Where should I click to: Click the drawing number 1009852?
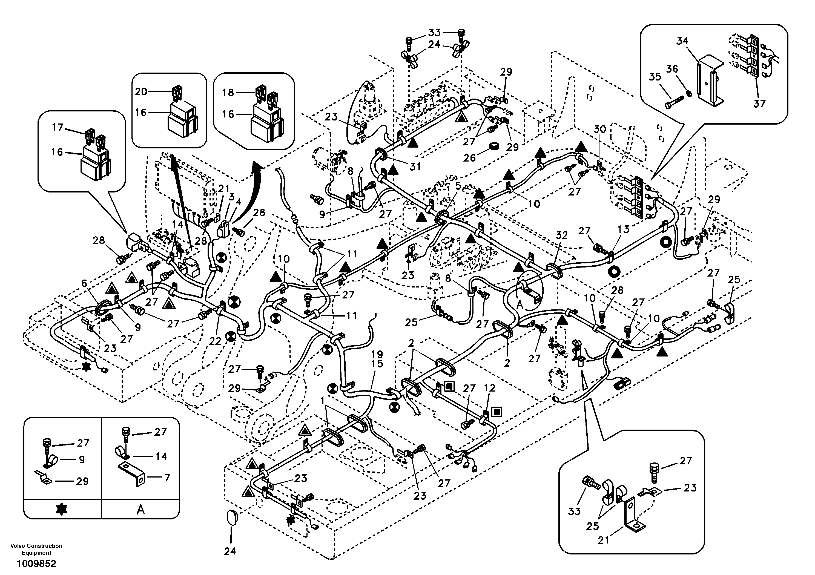tap(36, 564)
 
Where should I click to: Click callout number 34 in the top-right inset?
tap(682, 41)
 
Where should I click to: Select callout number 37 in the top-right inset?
tap(759, 104)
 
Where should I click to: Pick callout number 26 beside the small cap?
tap(469, 158)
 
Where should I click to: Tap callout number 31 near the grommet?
tap(415, 166)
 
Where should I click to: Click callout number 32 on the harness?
tap(562, 235)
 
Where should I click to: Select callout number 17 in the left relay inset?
tap(57, 127)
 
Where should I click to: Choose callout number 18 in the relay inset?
tap(228, 92)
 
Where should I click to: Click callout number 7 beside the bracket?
tap(167, 478)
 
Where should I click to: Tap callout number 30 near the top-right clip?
tap(600, 129)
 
